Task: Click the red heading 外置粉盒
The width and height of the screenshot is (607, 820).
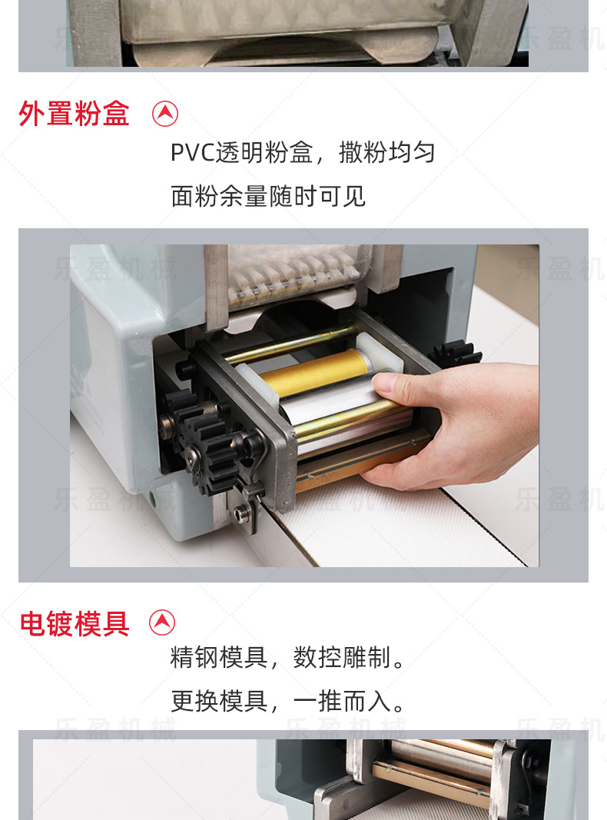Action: (74, 115)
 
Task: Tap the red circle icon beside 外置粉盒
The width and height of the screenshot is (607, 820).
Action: (165, 114)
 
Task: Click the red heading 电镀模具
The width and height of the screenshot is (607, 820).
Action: (74, 623)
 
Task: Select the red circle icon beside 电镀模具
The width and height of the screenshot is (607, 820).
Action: (162, 622)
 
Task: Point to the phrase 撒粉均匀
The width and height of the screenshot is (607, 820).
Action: (386, 153)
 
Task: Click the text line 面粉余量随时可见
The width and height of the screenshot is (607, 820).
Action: (267, 197)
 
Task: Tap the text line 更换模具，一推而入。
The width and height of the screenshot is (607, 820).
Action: (287, 701)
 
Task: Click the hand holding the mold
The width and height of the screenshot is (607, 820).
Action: (461, 423)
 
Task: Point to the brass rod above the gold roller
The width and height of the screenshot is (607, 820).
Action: (292, 343)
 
